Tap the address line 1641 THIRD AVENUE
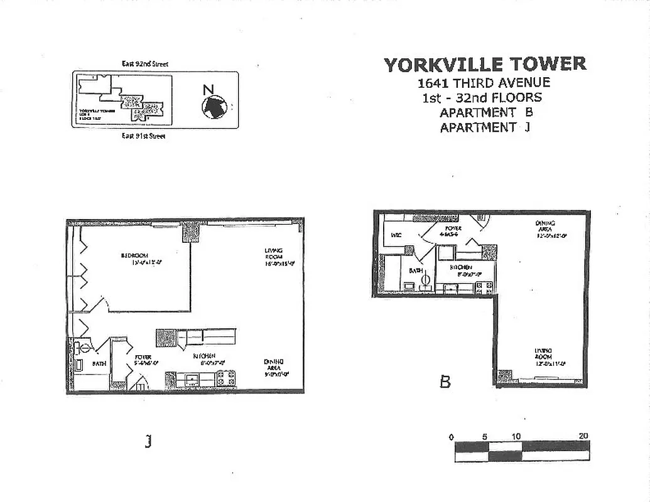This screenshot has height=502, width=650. point(484,83)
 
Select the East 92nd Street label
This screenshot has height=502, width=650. point(145,64)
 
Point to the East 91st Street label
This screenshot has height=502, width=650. point(144,136)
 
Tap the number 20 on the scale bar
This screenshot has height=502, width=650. point(583,436)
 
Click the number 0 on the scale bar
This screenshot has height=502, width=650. point(451,436)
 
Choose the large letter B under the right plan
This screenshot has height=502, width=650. point(445,382)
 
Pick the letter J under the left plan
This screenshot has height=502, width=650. point(148,442)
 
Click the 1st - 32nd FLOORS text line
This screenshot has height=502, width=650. point(482,98)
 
